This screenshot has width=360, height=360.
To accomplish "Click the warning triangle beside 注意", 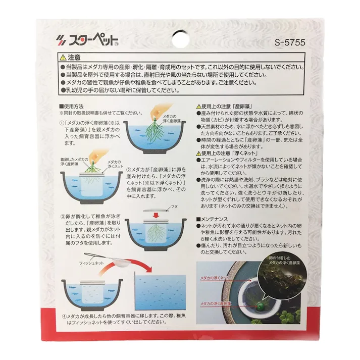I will [62, 58].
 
